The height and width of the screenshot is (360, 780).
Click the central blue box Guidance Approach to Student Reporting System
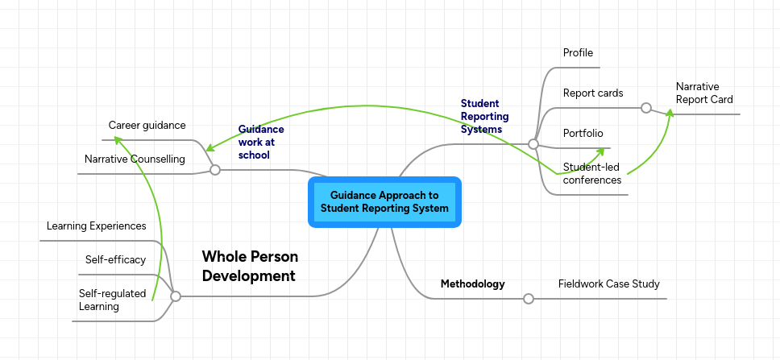384,202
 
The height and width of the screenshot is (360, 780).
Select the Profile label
578,53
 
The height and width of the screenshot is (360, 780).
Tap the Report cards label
592,93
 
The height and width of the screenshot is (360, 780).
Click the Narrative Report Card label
703,93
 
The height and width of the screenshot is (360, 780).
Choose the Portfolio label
583,134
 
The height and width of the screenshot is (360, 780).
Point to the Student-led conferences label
591,174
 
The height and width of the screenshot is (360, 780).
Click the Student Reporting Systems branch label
480,116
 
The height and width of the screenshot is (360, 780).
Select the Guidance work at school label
261,141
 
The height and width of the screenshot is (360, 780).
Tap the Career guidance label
147,126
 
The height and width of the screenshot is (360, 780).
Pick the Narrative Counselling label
135,159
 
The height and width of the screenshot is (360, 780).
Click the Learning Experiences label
96,226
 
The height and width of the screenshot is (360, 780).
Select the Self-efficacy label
115,260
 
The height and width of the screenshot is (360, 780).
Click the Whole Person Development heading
250,266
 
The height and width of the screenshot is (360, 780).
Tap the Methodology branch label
472,284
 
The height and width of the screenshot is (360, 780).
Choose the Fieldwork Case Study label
608,284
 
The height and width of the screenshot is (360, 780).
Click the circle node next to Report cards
645,108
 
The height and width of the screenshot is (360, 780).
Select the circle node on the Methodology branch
529,299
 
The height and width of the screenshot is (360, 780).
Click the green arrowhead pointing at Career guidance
118,140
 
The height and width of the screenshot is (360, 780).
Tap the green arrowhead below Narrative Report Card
670,116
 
